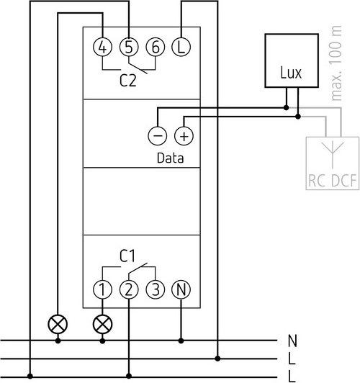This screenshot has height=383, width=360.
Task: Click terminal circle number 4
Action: tap(102, 47)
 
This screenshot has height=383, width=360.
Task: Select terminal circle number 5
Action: tap(129, 47)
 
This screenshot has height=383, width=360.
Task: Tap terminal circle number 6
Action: tap(156, 47)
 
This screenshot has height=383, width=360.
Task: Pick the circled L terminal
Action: tap(181, 47)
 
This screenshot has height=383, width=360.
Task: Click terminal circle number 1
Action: tap(102, 289)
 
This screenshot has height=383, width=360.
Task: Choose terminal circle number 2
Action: tap(129, 289)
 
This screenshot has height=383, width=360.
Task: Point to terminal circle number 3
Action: tap(156, 289)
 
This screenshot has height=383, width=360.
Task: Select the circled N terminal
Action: tap(181, 289)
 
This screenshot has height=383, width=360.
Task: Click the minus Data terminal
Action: tap(158, 136)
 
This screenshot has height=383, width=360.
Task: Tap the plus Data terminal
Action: tap(184, 136)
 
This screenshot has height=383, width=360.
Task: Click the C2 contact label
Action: tap(128, 81)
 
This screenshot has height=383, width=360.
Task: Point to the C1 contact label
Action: tap(127, 256)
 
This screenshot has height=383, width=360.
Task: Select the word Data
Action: tap(170, 158)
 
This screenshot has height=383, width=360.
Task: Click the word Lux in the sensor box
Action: tap(291, 73)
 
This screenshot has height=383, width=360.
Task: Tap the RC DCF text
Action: tap(333, 181)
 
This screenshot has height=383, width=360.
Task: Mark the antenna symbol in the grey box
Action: tap(333, 155)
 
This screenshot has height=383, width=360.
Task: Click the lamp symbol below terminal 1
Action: tap(102, 325)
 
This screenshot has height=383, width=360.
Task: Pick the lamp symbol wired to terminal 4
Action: tap(58, 325)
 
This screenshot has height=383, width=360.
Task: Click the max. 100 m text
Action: tap(336, 63)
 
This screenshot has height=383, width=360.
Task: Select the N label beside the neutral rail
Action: tap(292, 341)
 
